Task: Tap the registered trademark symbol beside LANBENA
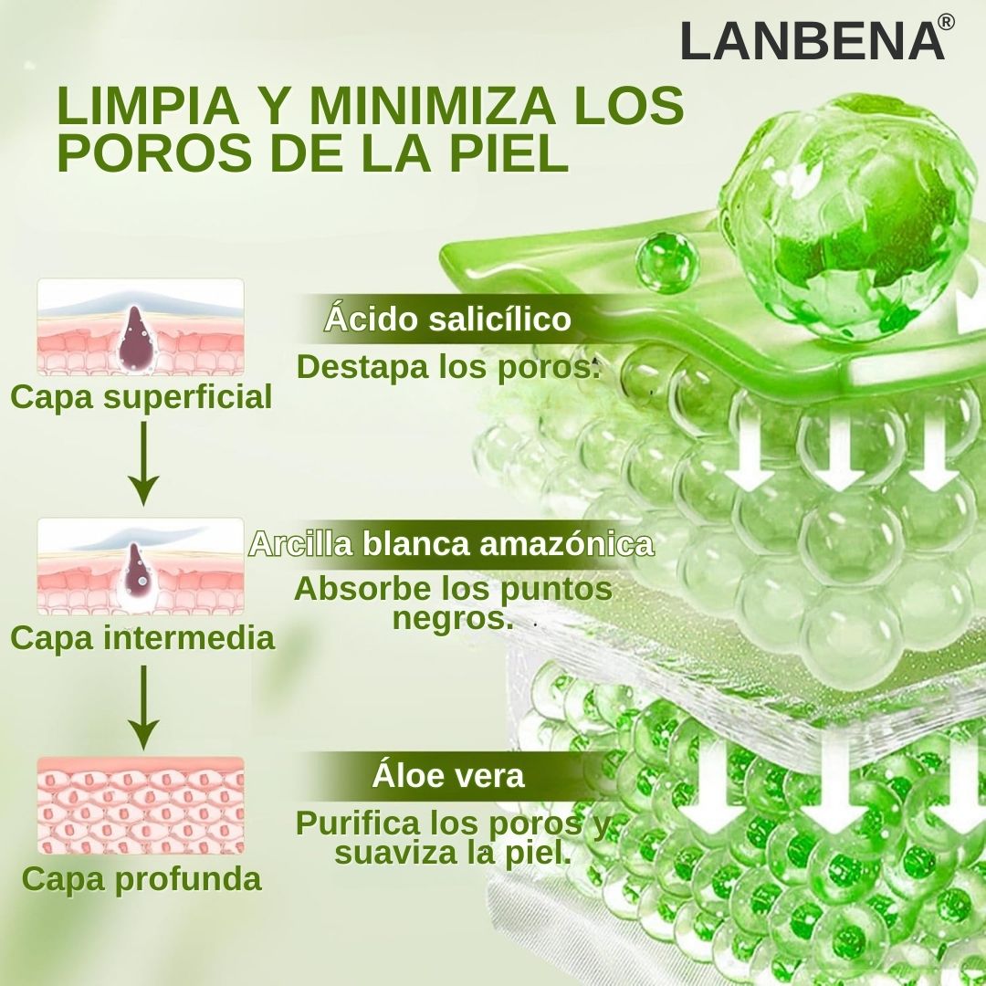click(946, 23)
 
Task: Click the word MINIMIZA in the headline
click(430, 107)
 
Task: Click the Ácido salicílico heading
click(447, 320)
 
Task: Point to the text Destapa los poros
click(448, 367)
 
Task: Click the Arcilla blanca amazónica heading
click(452, 544)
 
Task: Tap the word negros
click(452, 618)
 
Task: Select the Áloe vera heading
click(447, 776)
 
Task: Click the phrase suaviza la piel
click(452, 854)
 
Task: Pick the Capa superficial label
click(142, 397)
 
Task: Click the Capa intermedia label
click(142, 637)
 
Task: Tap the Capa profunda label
click(142, 879)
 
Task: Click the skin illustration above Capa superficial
click(141, 327)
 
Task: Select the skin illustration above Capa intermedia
click(141, 566)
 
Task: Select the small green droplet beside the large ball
click(666, 262)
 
